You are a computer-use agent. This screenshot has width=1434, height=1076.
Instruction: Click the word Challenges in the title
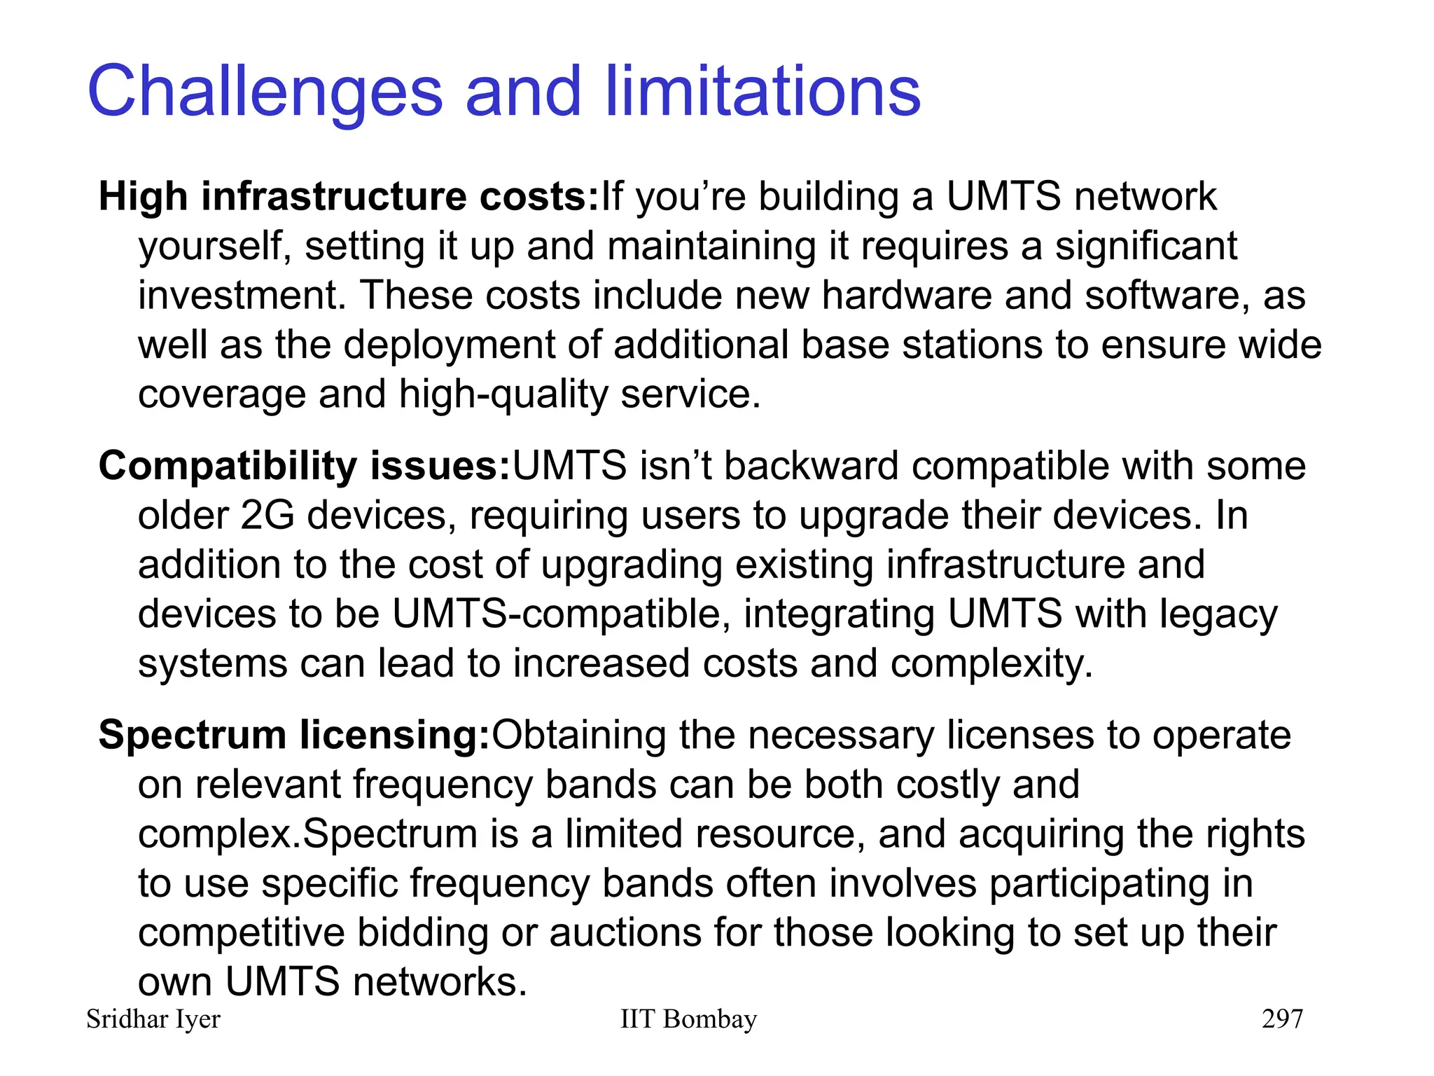click(x=265, y=92)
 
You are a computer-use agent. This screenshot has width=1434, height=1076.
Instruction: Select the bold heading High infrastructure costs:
click(x=348, y=196)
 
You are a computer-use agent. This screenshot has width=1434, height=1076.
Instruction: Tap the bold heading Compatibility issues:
click(x=304, y=466)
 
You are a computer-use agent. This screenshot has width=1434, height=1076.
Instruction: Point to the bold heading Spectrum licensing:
click(x=294, y=735)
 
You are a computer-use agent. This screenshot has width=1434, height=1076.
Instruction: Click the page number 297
click(x=1282, y=1019)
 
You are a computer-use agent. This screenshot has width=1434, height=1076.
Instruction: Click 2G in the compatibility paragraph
click(x=267, y=516)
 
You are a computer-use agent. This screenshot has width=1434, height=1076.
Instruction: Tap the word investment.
click(x=242, y=295)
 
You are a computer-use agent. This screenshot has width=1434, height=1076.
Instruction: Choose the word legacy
click(x=1218, y=614)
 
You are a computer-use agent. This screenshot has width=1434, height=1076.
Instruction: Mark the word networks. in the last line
click(x=440, y=981)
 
